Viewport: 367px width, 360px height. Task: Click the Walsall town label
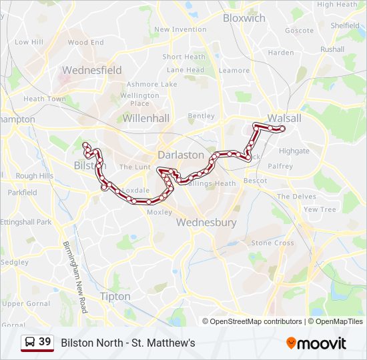tap(284, 118)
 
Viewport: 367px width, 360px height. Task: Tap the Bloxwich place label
tap(244, 19)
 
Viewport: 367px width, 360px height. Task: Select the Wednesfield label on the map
tap(91, 70)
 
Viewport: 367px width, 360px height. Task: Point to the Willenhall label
tap(146, 118)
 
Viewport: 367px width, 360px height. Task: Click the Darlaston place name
tap(181, 155)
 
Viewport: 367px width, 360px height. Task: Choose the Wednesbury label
tap(206, 223)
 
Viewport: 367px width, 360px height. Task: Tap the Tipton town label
tap(115, 296)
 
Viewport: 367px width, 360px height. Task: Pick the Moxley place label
tap(159, 212)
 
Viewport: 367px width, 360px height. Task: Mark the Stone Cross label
tap(272, 243)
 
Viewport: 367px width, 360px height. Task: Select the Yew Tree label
tap(320, 209)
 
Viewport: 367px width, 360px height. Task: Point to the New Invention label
tap(180, 29)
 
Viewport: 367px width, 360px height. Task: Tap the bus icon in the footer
tap(30, 343)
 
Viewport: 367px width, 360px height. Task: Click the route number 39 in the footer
tap(45, 342)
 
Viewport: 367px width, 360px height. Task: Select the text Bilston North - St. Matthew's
tap(128, 343)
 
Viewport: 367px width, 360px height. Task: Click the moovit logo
tap(316, 343)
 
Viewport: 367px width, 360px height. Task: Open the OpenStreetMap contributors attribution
tap(256, 321)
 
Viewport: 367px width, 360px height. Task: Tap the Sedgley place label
tap(14, 263)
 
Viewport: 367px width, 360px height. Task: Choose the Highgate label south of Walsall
tap(294, 151)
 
